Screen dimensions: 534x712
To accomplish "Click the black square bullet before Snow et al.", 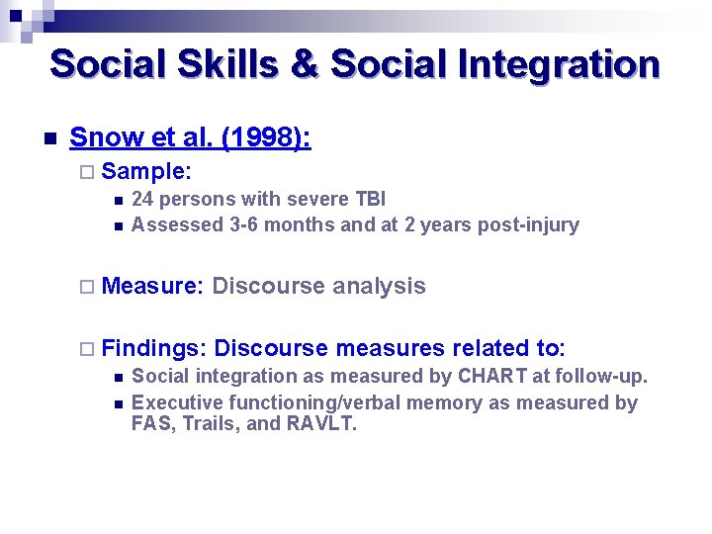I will (x=48, y=138).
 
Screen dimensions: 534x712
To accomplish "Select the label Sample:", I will (x=145, y=171).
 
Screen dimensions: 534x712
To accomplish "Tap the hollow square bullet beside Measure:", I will (x=87, y=287).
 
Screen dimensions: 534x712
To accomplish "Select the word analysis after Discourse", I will (x=379, y=287).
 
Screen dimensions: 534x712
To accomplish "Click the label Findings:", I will (x=153, y=348).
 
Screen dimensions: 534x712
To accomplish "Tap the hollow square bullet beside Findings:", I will (x=87, y=348).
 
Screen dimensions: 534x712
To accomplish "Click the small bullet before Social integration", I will (x=117, y=377).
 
